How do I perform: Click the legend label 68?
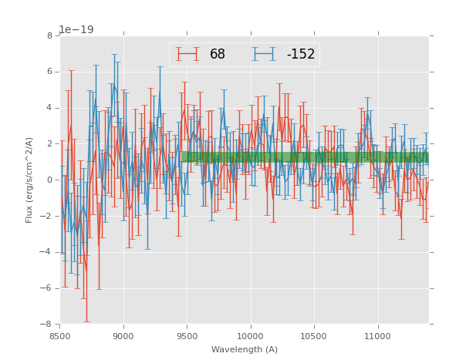click(218, 55)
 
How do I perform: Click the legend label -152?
click(301, 55)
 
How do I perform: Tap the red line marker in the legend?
click(187, 55)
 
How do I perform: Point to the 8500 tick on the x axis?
click(60, 336)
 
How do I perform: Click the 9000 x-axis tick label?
click(123, 336)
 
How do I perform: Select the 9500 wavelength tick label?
click(187, 336)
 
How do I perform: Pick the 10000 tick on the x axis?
click(251, 336)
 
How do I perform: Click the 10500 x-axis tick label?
click(315, 336)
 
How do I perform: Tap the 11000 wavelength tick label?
click(378, 336)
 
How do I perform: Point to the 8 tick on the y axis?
click(49, 36)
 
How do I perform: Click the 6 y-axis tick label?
click(49, 72)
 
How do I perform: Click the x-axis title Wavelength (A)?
click(245, 350)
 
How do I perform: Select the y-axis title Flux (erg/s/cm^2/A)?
click(29, 180)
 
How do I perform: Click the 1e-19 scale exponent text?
click(77, 30)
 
